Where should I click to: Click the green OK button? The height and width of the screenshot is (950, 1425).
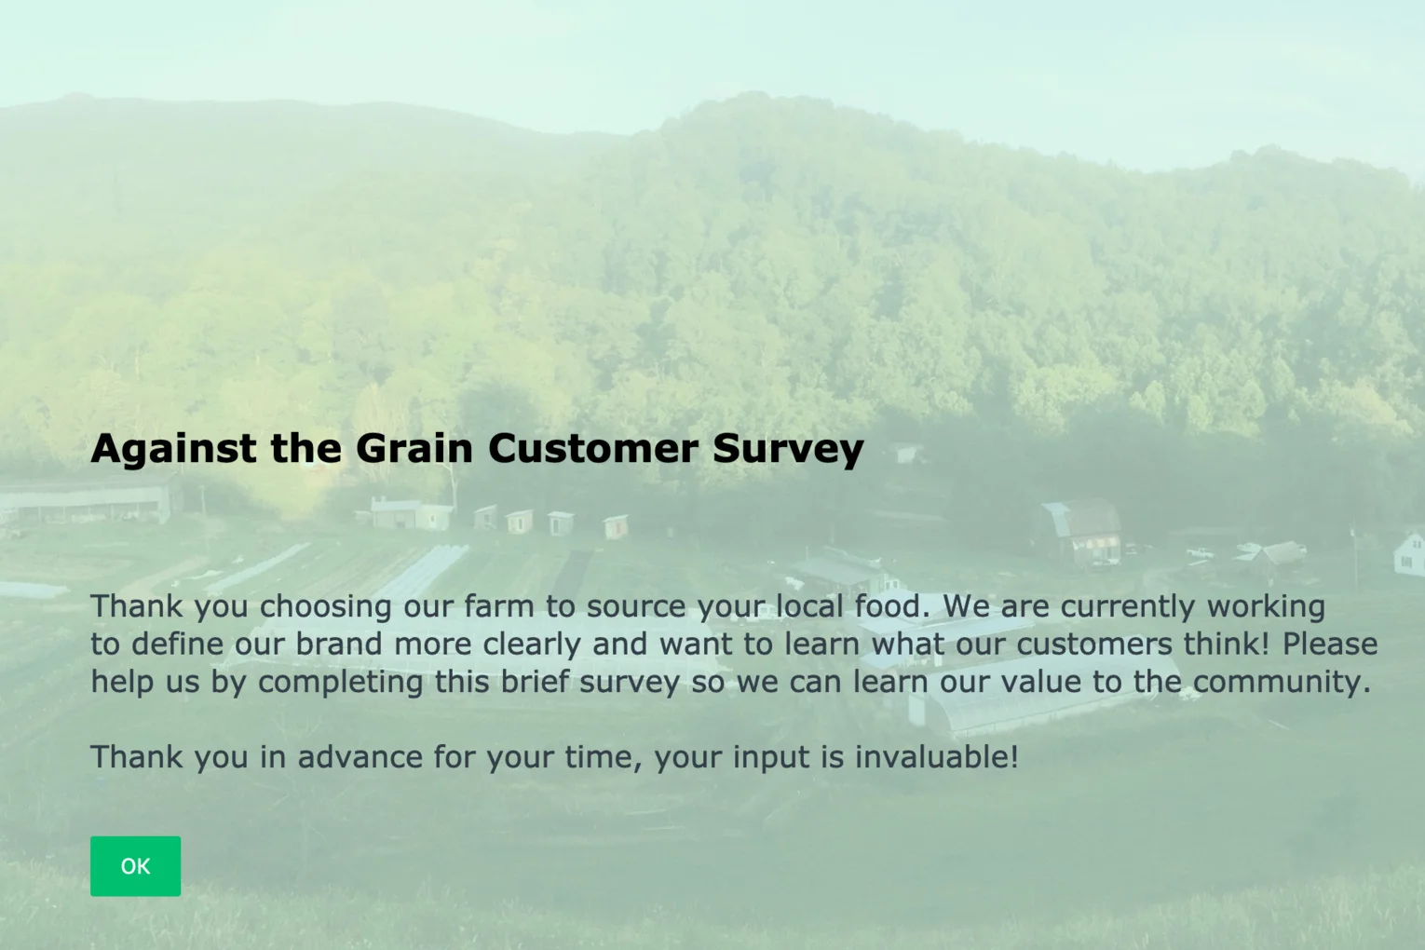(135, 866)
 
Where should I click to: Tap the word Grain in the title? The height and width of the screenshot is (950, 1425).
(414, 449)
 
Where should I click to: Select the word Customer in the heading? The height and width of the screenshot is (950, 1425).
(592, 449)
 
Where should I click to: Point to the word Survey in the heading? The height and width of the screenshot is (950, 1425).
(788, 449)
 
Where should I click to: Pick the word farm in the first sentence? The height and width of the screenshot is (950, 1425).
(498, 607)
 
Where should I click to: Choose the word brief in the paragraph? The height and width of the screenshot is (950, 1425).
(534, 682)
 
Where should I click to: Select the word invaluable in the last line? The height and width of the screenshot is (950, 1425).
(936, 757)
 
